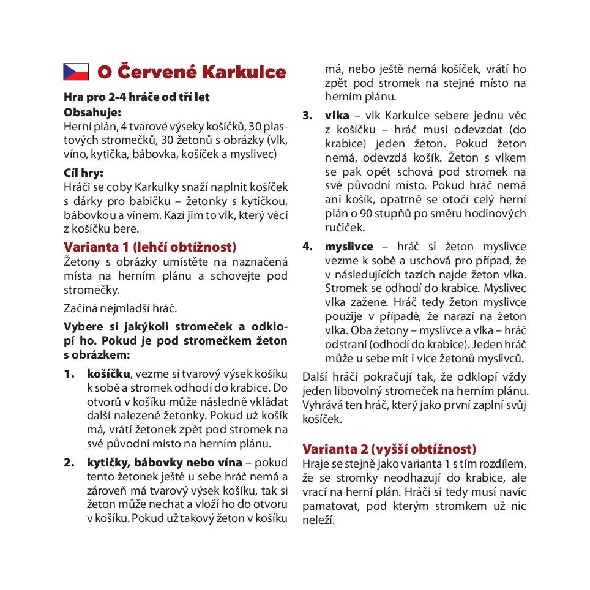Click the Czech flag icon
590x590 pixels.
[x=76, y=72]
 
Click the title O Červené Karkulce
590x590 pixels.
[x=192, y=72]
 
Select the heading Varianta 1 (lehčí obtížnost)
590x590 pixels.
[x=150, y=247]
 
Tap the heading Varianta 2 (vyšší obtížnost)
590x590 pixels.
[x=389, y=449]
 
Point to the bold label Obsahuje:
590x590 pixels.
[x=92, y=112]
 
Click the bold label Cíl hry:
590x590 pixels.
[x=84, y=173]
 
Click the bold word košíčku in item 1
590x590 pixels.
[x=108, y=373]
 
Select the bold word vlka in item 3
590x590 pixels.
[x=337, y=116]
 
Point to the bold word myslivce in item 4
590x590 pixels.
[x=349, y=247]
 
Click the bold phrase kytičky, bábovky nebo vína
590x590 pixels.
[x=165, y=462]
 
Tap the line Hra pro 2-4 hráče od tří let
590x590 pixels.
[x=136, y=97]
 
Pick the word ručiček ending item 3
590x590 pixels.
[x=345, y=228]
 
